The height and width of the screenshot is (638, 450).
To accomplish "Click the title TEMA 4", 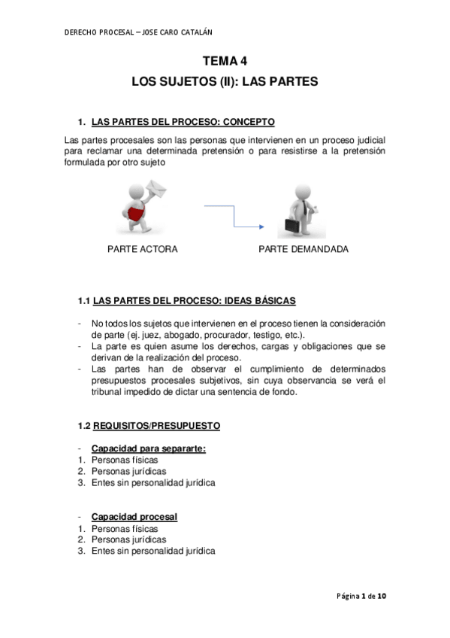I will (x=225, y=63).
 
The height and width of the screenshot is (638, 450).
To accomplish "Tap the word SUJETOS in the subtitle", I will (x=187, y=81).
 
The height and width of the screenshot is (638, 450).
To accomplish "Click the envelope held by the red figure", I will (x=159, y=186).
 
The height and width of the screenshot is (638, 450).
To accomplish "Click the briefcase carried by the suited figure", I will (x=293, y=224).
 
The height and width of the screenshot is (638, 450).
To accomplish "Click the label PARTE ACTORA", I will (x=143, y=249).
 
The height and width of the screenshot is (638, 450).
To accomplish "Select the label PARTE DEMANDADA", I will (x=304, y=249).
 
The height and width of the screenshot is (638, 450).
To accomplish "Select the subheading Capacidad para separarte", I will (x=149, y=449).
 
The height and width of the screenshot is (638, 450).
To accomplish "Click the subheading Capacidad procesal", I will (x=134, y=517).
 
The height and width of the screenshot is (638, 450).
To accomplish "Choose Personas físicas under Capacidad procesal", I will (x=124, y=528).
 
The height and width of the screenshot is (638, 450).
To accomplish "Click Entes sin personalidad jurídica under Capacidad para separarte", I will (x=153, y=483).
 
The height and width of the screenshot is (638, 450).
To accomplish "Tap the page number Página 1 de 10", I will (x=361, y=597).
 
